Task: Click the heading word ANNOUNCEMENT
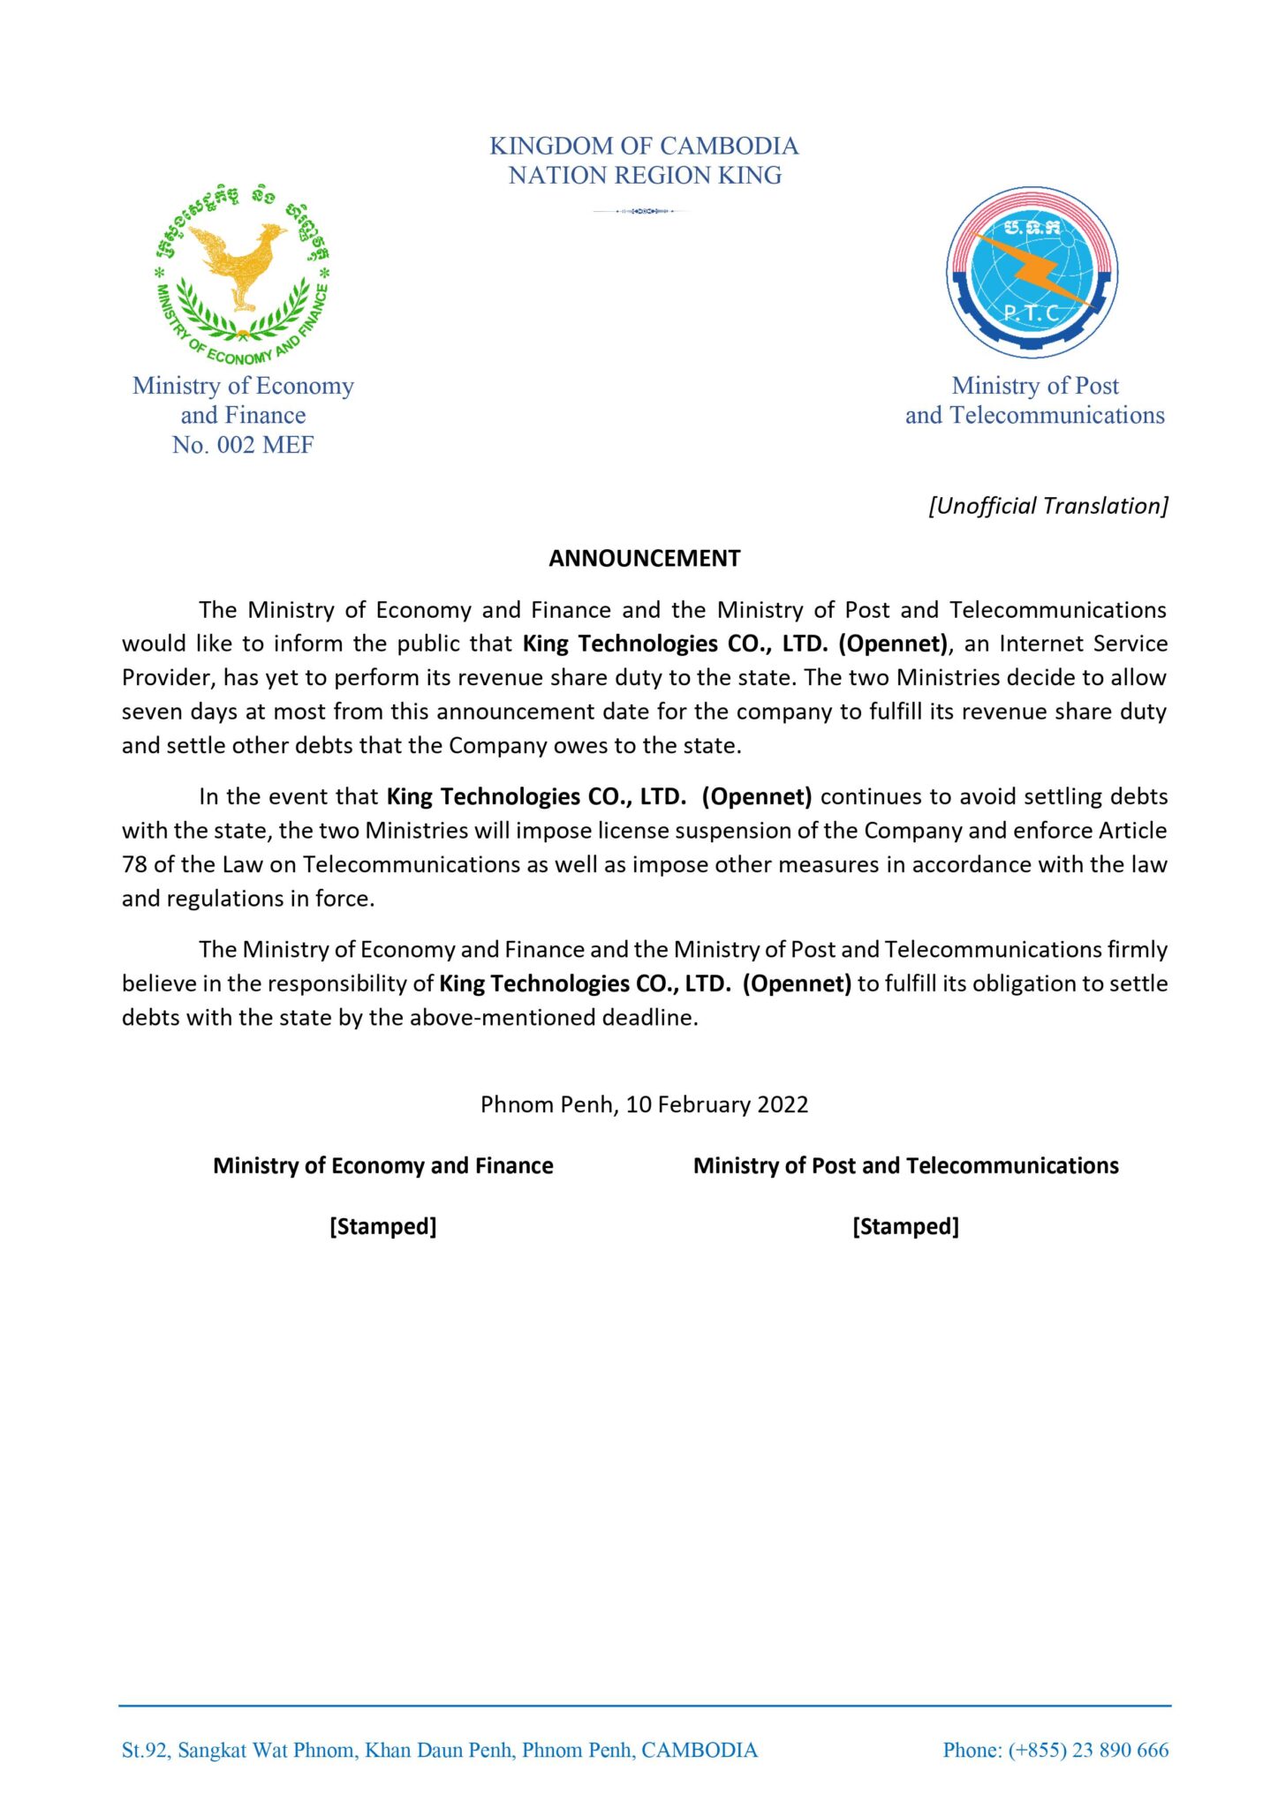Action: tap(644, 558)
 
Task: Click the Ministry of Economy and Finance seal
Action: tap(242, 275)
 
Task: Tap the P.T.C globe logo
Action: tap(1032, 272)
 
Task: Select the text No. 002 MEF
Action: tap(243, 445)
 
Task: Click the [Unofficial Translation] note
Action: tap(1047, 506)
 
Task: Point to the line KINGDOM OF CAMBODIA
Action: tap(644, 146)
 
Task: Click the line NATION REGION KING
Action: tap(644, 176)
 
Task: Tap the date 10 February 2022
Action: tap(716, 1104)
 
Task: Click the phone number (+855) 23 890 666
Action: tap(1088, 1750)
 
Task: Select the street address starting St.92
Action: tap(439, 1750)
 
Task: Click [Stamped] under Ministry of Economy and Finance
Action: tap(382, 1226)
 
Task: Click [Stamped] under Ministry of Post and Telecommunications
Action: tap(905, 1226)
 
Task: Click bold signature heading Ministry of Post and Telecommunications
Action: tap(905, 1165)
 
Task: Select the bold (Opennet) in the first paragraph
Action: tap(892, 644)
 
